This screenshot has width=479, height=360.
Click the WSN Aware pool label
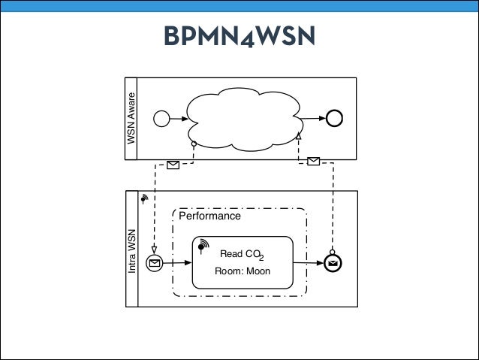pyautogui.click(x=131, y=118)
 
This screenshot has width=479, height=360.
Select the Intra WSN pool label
pyautogui.click(x=131, y=255)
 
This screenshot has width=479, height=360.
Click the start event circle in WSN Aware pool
pyautogui.click(x=161, y=118)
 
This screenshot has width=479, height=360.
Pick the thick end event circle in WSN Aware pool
pyautogui.click(x=334, y=118)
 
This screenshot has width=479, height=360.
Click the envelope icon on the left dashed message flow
pyautogui.click(x=173, y=164)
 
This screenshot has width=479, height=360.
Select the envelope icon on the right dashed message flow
pyautogui.click(x=314, y=160)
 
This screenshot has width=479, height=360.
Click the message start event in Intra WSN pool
pyautogui.click(x=155, y=263)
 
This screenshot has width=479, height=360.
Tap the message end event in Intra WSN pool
pyautogui.click(x=333, y=263)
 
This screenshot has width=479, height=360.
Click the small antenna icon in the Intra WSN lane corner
pyautogui.click(x=144, y=198)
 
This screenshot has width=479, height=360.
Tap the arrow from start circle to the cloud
pyautogui.click(x=177, y=118)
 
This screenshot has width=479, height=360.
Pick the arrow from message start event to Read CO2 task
pyautogui.click(x=177, y=263)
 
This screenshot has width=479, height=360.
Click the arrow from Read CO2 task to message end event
pyautogui.click(x=308, y=263)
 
